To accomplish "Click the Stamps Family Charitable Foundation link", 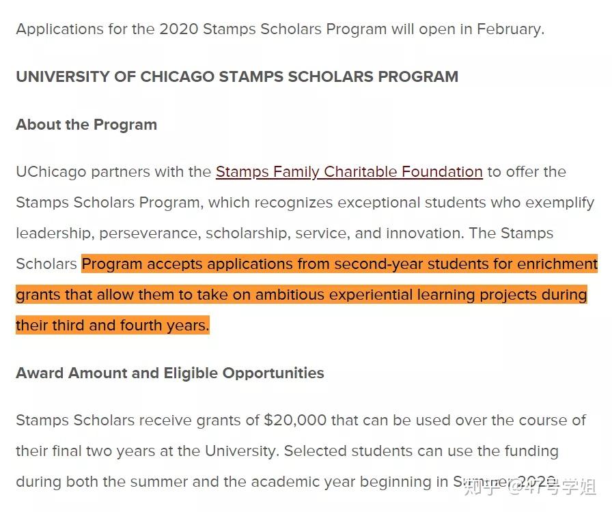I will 349,171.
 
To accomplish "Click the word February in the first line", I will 509,29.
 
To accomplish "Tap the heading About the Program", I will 87,124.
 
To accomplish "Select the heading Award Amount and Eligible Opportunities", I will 170,373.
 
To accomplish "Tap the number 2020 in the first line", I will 178,29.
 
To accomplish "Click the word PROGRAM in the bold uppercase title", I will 415,76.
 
